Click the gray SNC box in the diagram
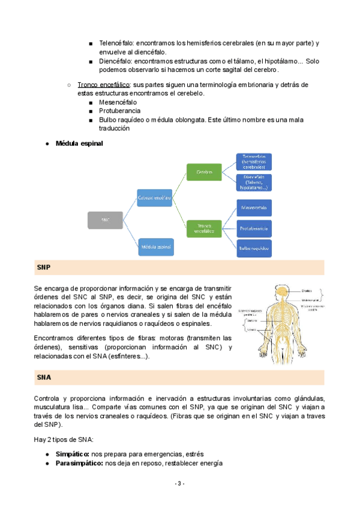pos(105,220)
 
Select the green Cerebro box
pos(204,172)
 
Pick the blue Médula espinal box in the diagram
pos(155,245)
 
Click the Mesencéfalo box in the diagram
pos(254,208)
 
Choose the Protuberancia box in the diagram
pos(254,228)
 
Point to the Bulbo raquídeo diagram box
pos(254,247)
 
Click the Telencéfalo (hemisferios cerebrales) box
pos(254,162)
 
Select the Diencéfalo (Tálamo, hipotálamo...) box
pos(254,182)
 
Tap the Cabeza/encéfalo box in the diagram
pos(155,197)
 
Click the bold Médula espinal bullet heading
pos(79,143)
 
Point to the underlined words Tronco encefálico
pos(104,85)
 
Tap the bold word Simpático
pos(73,454)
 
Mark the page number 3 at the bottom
pos(180,484)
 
